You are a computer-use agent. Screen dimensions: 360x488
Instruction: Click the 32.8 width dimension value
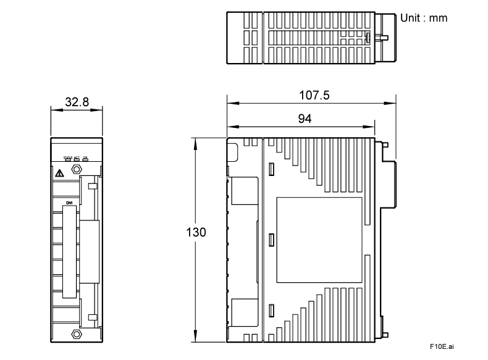point(76,101)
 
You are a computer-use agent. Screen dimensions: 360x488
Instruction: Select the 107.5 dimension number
point(311,95)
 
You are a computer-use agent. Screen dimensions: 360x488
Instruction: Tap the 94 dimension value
point(305,119)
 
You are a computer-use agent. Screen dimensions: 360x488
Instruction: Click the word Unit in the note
point(411,18)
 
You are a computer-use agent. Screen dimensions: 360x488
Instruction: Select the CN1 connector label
point(69,203)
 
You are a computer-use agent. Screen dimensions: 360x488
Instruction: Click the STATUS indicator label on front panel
point(68,158)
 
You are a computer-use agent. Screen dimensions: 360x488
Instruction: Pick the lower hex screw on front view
point(77,334)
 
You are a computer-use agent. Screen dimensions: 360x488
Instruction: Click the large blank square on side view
point(318,237)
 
